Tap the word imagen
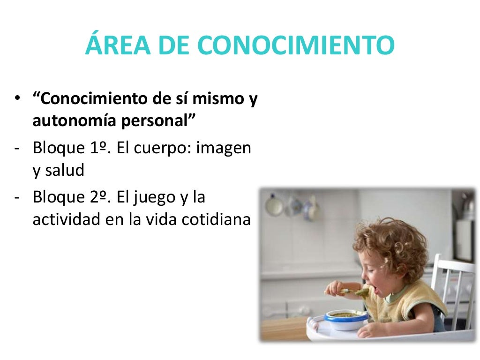224,149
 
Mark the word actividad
64,219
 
